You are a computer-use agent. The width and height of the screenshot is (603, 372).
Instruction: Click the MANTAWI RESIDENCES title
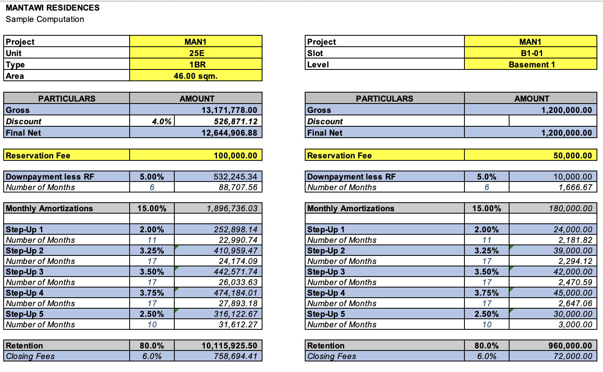point(52,8)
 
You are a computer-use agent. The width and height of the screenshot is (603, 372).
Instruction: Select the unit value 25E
point(196,53)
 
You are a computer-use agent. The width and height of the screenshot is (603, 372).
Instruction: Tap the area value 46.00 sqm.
point(195,76)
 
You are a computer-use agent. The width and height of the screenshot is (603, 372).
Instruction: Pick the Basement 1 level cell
point(531,65)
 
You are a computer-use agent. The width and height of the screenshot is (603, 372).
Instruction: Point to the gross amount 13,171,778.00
point(229,110)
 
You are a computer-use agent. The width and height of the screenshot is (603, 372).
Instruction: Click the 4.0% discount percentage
point(161,121)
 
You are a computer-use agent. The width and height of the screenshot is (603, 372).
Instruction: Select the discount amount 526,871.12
point(235,121)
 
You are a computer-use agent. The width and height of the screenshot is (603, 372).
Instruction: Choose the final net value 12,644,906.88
point(229,133)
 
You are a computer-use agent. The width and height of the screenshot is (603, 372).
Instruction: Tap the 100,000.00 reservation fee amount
point(235,156)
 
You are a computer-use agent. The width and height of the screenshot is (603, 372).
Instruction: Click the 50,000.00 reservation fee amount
point(573,156)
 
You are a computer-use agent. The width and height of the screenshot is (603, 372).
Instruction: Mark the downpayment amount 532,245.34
point(235,177)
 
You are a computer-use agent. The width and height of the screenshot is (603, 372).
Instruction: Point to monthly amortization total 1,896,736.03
point(232,208)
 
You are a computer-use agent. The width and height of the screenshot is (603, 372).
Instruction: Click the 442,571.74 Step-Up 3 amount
point(235,272)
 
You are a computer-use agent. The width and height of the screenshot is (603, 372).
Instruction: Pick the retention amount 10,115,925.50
point(229,346)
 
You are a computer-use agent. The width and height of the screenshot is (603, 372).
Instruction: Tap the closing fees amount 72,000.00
point(573,356)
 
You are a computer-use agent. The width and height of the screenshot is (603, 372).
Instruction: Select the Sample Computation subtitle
point(45,19)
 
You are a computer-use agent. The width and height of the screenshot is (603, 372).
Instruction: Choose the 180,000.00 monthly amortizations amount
point(570,208)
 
